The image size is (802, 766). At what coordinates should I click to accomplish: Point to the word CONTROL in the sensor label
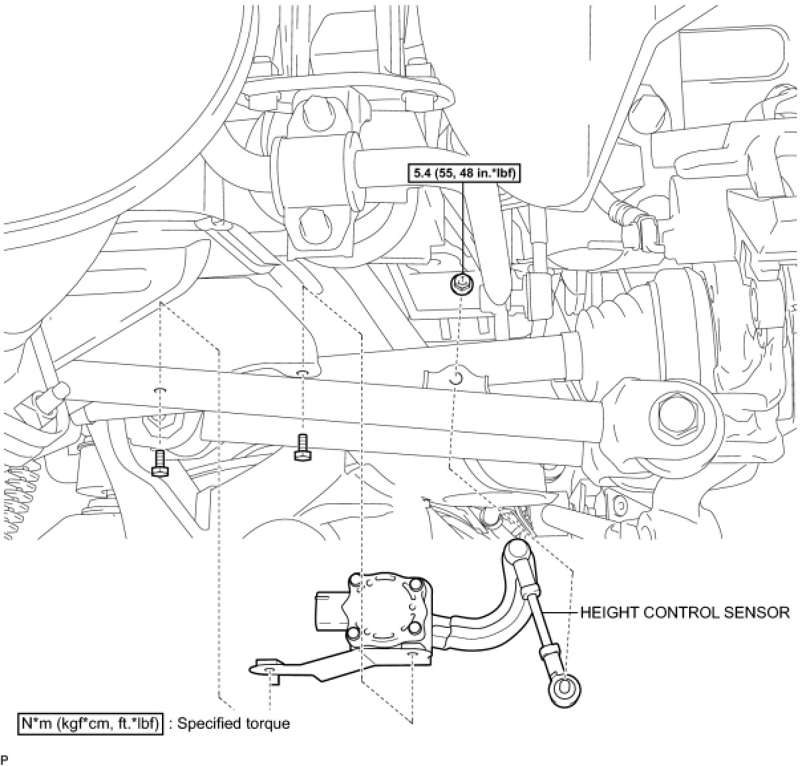(x=679, y=612)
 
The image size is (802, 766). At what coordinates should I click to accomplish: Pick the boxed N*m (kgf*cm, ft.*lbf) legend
(x=91, y=723)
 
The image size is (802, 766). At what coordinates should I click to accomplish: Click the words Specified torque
(x=233, y=723)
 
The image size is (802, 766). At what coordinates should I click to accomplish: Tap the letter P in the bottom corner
(x=5, y=759)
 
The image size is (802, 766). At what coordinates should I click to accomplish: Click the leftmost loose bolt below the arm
(x=160, y=463)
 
